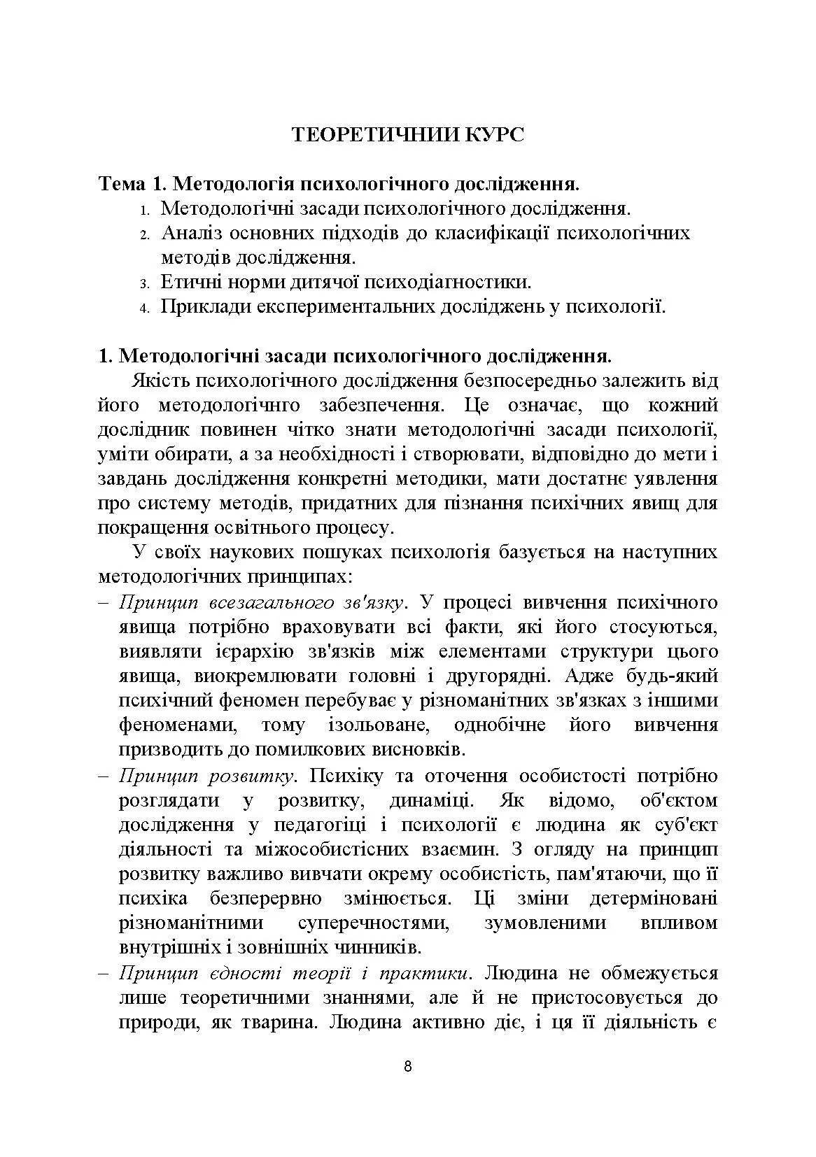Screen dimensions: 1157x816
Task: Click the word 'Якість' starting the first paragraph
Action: click(x=161, y=381)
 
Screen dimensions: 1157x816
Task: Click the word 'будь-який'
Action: click(x=670, y=676)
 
